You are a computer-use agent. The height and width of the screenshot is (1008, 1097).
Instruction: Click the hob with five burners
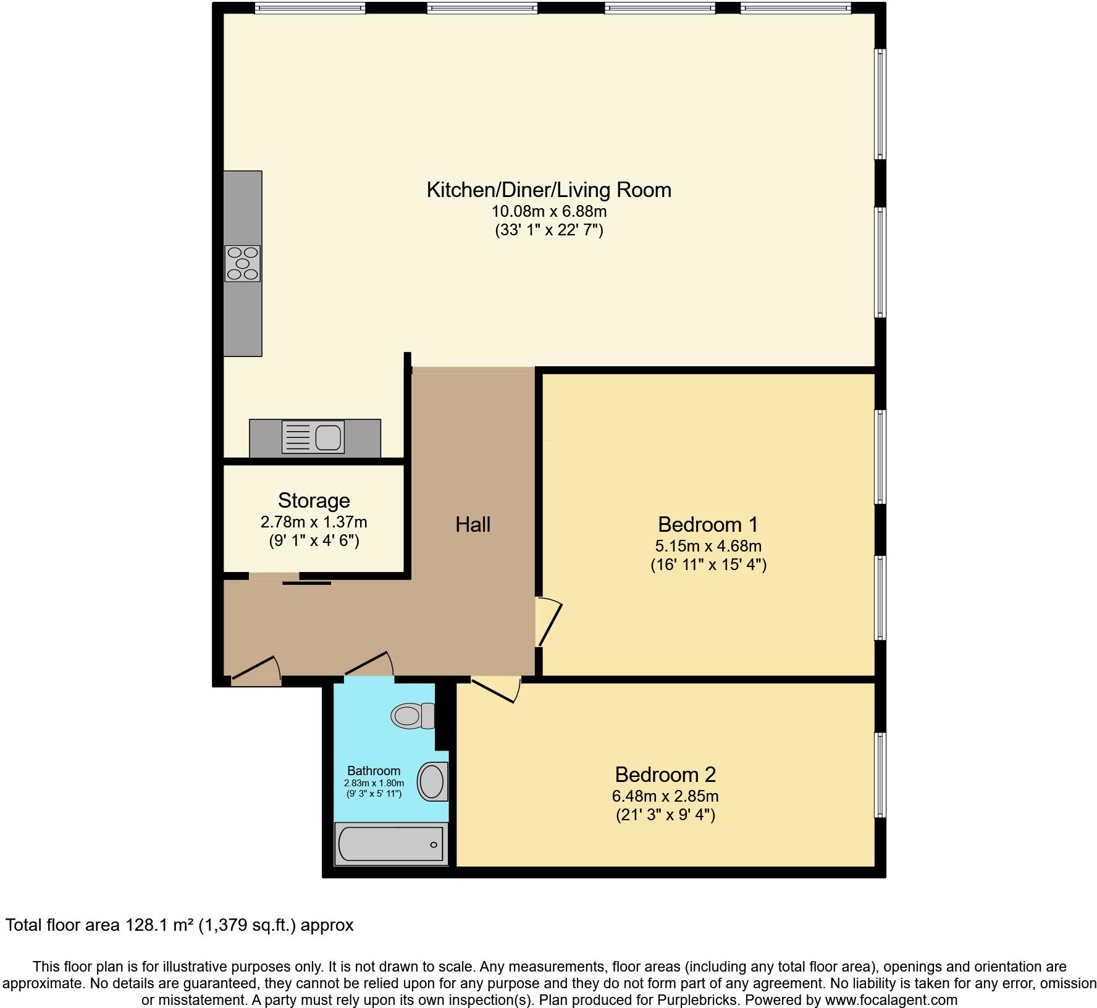pyautogui.click(x=242, y=264)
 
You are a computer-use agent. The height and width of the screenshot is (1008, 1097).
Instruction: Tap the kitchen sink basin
pyautogui.click(x=328, y=438)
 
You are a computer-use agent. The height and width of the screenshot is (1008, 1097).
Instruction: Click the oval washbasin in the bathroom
pyautogui.click(x=432, y=782)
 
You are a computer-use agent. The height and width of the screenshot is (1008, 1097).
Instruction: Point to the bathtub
pyautogui.click(x=390, y=844)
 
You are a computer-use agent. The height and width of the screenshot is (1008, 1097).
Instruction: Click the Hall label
pyautogui.click(x=473, y=524)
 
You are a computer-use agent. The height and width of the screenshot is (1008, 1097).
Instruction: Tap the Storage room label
pyautogui.click(x=314, y=500)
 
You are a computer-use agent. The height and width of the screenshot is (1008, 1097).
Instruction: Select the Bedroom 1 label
pyautogui.click(x=708, y=524)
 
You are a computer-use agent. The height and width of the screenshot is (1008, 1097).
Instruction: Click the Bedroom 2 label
pyautogui.click(x=665, y=775)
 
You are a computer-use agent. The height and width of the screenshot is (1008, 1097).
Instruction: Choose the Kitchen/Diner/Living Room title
pyautogui.click(x=548, y=190)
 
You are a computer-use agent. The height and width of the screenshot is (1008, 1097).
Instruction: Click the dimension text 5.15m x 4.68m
pyautogui.click(x=708, y=546)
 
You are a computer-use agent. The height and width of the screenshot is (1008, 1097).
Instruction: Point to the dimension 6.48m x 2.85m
pyautogui.click(x=665, y=796)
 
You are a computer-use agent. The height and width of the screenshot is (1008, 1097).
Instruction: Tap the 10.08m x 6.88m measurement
pyautogui.click(x=548, y=211)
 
